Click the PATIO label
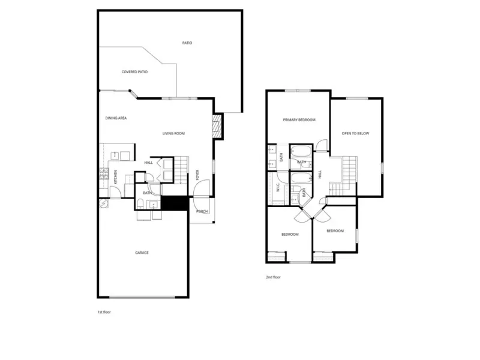click(x=187, y=43)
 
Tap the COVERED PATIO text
click(x=134, y=72)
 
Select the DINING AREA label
click(x=116, y=118)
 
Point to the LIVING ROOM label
click(x=173, y=133)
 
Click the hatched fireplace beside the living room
click(x=217, y=126)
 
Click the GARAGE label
click(x=142, y=253)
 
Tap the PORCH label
click(x=202, y=212)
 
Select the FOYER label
click(x=197, y=175)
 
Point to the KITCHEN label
click(x=115, y=177)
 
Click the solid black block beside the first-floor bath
click(x=175, y=203)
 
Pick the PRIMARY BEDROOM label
click(x=299, y=120)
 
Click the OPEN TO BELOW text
click(x=355, y=133)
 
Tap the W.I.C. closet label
click(x=278, y=187)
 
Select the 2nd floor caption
click(x=273, y=277)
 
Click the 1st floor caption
click(x=104, y=312)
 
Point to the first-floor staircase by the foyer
click(x=181, y=170)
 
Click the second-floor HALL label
click(x=320, y=175)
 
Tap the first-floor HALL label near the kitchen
click(x=148, y=163)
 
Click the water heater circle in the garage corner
click(x=104, y=203)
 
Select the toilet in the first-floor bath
click(x=140, y=204)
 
